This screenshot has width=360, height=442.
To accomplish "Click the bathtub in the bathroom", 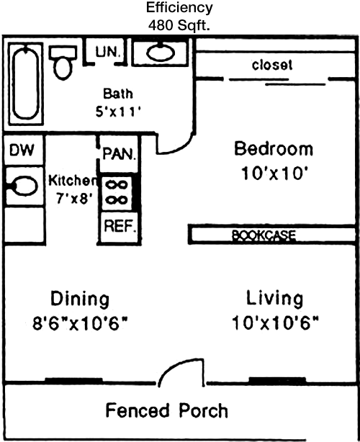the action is [26, 84].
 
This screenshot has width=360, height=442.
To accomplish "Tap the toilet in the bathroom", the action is [63, 63].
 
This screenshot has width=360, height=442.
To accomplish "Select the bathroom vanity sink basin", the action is [161, 53].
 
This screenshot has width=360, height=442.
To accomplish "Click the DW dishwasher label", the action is [22, 150].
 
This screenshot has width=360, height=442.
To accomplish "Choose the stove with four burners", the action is [117, 194].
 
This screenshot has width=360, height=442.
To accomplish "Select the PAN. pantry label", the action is [120, 154].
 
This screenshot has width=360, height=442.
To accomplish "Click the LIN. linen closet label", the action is [108, 53].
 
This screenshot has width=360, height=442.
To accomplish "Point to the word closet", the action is [272, 65].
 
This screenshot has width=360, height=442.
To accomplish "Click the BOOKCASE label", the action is [264, 235].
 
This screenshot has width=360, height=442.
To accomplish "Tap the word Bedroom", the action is [274, 148].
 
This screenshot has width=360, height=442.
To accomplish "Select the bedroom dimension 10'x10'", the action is [274, 173].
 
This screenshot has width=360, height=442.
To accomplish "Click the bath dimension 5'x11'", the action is [118, 112].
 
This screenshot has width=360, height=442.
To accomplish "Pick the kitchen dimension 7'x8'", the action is [74, 199].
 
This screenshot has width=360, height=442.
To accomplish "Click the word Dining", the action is [80, 299].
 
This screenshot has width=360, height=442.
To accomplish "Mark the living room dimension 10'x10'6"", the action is [275, 323].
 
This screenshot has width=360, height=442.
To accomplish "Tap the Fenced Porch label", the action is [166, 410].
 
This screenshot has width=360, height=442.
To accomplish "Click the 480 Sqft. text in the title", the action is [179, 26].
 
